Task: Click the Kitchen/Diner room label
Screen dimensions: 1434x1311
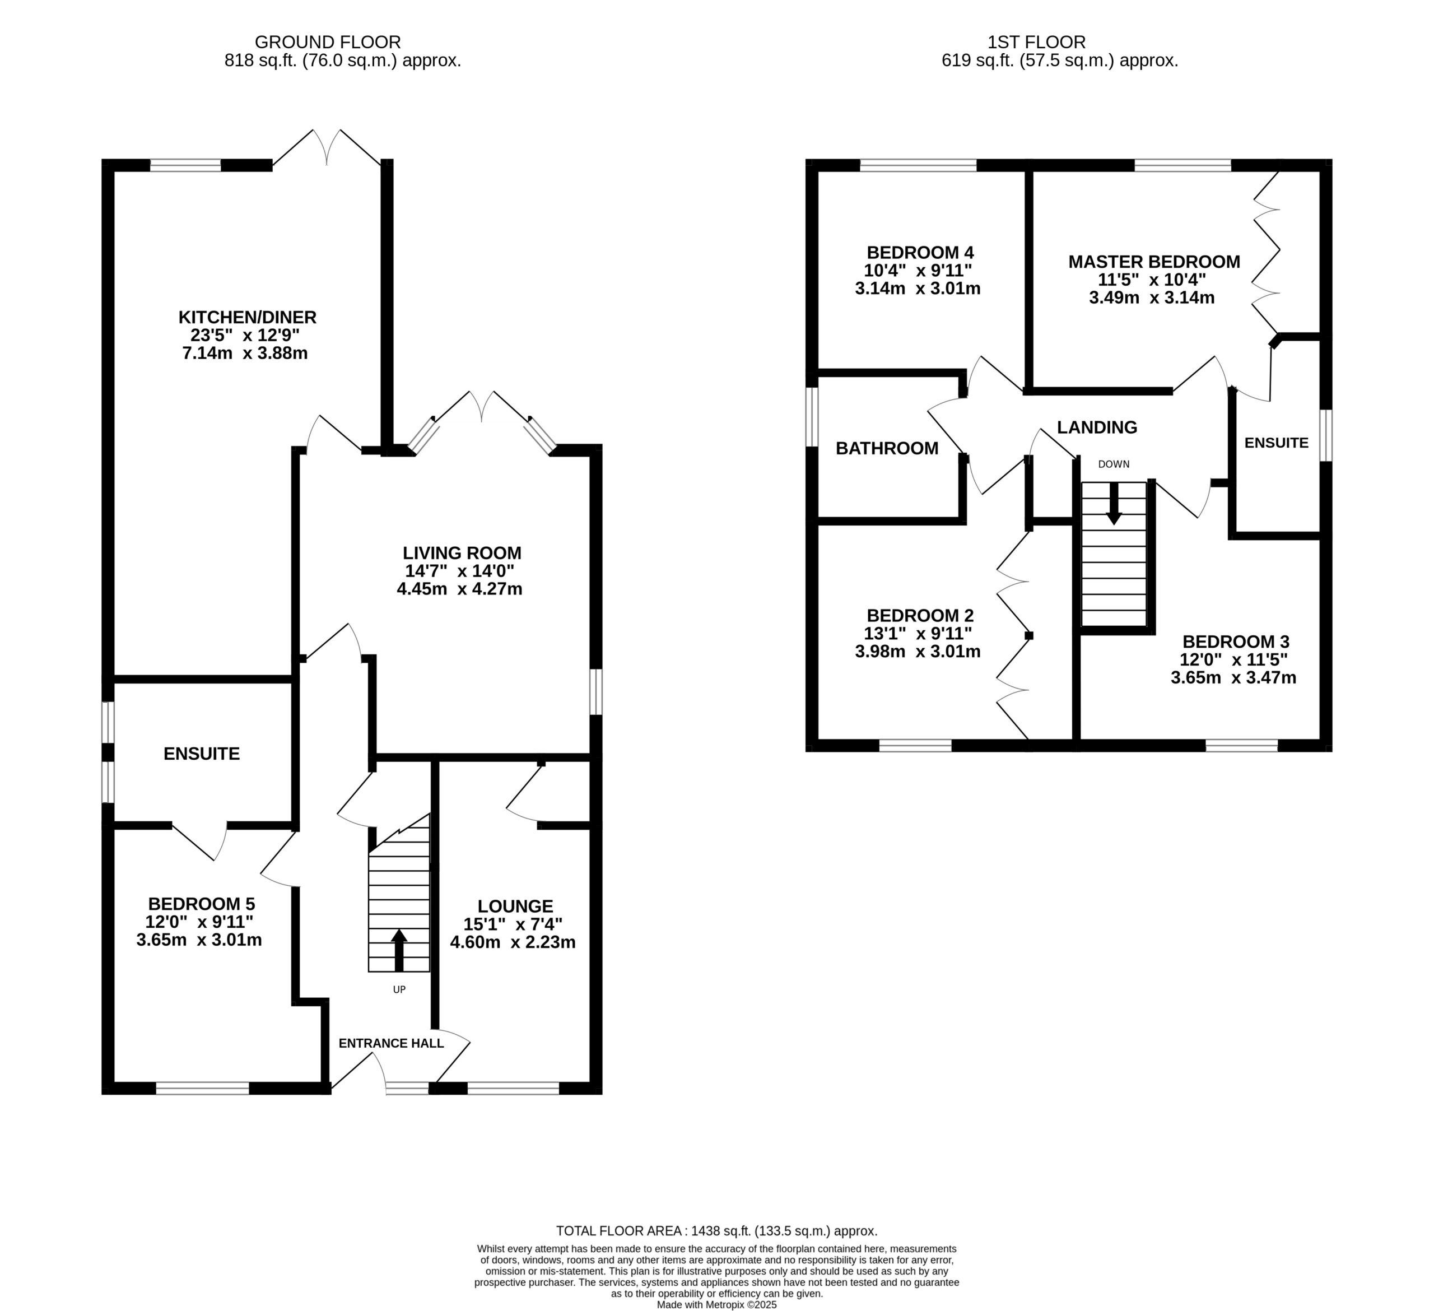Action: [247, 317]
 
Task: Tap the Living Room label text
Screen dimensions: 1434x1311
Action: [462, 553]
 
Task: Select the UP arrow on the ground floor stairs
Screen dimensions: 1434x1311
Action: [399, 950]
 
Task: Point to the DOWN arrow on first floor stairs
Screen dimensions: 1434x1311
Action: [1114, 504]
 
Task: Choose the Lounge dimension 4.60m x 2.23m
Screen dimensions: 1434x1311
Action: [513, 942]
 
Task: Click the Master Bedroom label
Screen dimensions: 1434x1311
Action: [1154, 262]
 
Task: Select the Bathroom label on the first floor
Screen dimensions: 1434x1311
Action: [887, 448]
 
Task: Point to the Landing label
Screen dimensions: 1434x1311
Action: [1097, 427]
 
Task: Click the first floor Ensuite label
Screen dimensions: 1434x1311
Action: [1276, 443]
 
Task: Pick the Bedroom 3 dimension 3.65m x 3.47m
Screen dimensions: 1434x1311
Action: [1233, 677]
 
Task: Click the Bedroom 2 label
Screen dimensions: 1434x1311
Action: [920, 615]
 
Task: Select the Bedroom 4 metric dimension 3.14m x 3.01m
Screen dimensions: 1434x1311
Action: [918, 288]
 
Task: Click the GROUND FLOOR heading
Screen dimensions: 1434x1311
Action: [328, 43]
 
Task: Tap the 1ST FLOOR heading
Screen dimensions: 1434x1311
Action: [1036, 43]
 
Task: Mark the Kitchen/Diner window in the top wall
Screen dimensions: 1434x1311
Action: [185, 166]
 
